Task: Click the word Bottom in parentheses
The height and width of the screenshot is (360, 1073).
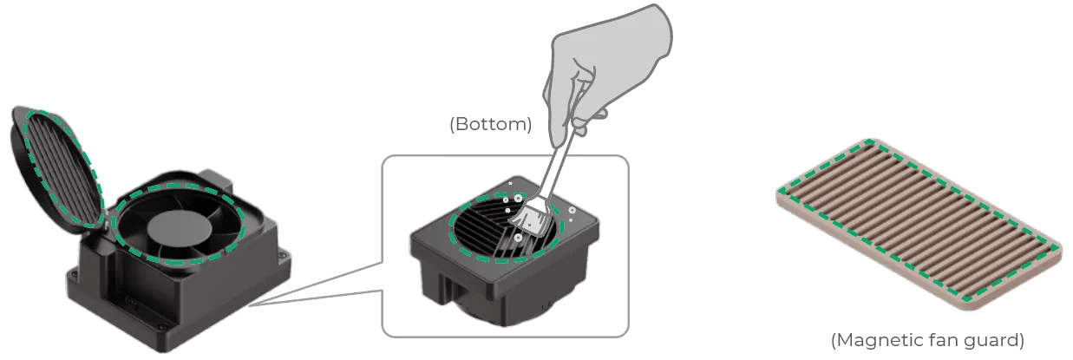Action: point(490,124)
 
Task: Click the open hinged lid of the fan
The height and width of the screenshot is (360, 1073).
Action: point(56,167)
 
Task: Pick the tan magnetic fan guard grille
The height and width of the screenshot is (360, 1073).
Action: point(919,225)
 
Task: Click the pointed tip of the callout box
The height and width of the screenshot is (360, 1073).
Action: point(250,304)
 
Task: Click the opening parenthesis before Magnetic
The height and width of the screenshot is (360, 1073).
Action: point(834,340)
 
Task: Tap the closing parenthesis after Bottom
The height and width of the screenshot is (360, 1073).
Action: point(529,124)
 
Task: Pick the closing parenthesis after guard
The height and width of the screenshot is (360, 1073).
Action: point(1022,340)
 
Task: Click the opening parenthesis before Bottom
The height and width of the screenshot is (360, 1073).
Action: point(452,124)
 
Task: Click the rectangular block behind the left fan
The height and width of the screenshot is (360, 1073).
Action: point(217,179)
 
